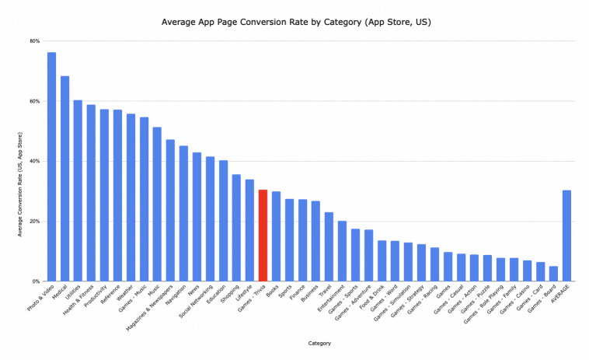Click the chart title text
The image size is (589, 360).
coord(295,22)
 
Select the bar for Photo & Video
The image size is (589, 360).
coord(51,166)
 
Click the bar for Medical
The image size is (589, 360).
coord(64,178)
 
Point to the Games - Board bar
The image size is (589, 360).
coord(553,273)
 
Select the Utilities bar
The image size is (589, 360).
coord(78,190)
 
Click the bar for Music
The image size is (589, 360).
coord(157,204)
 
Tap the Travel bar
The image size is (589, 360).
coord(329,246)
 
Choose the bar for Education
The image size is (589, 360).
coord(223,220)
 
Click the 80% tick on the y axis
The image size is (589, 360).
coord(36,41)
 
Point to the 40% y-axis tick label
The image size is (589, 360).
coord(36,161)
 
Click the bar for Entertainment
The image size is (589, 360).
coord(342,251)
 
